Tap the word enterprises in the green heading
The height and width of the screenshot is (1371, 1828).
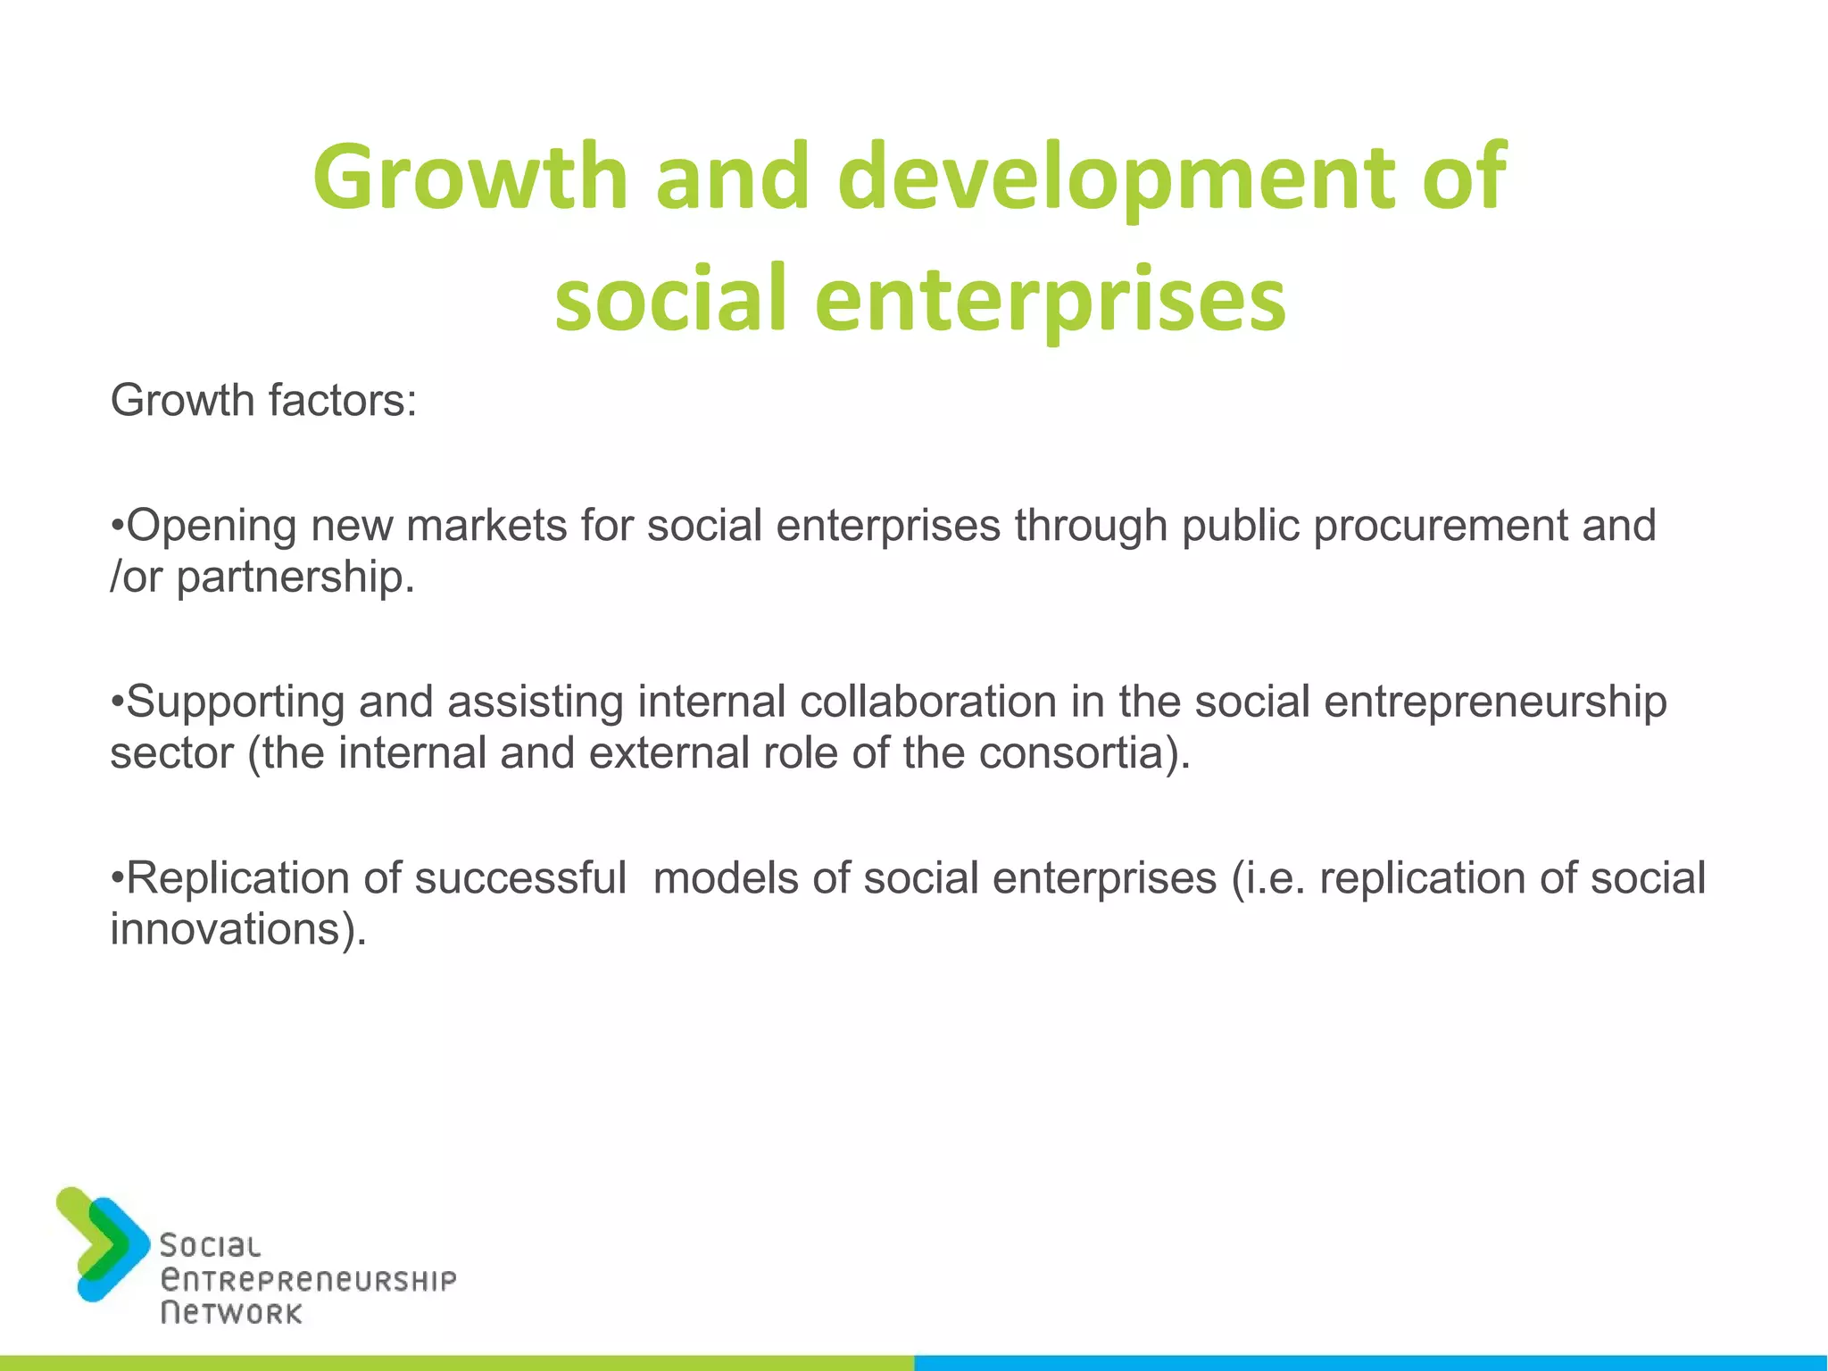tap(1050, 299)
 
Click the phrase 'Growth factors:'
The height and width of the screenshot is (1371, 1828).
tap(263, 400)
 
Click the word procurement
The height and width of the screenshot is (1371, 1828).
tap(1440, 525)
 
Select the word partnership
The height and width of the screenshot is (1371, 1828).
tap(295, 577)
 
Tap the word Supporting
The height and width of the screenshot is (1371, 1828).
tap(236, 702)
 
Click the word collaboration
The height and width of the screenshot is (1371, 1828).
tap(927, 702)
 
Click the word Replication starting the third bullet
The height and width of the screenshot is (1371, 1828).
tap(237, 877)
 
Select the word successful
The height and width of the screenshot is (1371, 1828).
tap(520, 877)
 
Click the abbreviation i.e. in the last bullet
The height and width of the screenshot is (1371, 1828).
tap(1278, 877)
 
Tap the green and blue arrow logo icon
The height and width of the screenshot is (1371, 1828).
tap(101, 1243)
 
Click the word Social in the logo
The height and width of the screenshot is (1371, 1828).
tap(210, 1246)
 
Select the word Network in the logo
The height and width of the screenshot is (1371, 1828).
tap(231, 1313)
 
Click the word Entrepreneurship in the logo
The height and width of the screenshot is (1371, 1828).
tap(308, 1280)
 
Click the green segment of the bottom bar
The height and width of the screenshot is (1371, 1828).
tap(457, 1363)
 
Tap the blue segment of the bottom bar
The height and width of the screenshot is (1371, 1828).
tap(1371, 1363)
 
